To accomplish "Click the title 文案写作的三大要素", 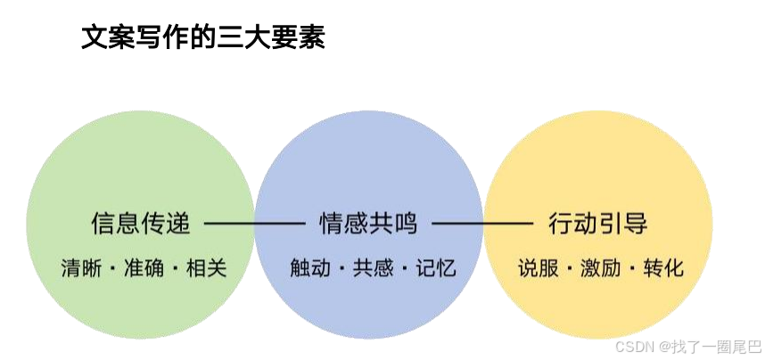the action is pos(203,37).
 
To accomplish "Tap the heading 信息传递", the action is pos(141,223).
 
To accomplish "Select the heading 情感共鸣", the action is pos(368,223).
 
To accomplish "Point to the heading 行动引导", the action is pos(598,223).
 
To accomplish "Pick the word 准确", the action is pos(142,267).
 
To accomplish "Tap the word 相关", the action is pos(206,267).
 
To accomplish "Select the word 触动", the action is pos(310,267).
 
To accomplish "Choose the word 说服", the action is pos(538,267).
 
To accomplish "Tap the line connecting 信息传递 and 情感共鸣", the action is pos(253,223).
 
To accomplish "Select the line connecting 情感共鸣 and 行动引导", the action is pos(482,223).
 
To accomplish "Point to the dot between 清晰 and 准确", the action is pos(110,268).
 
